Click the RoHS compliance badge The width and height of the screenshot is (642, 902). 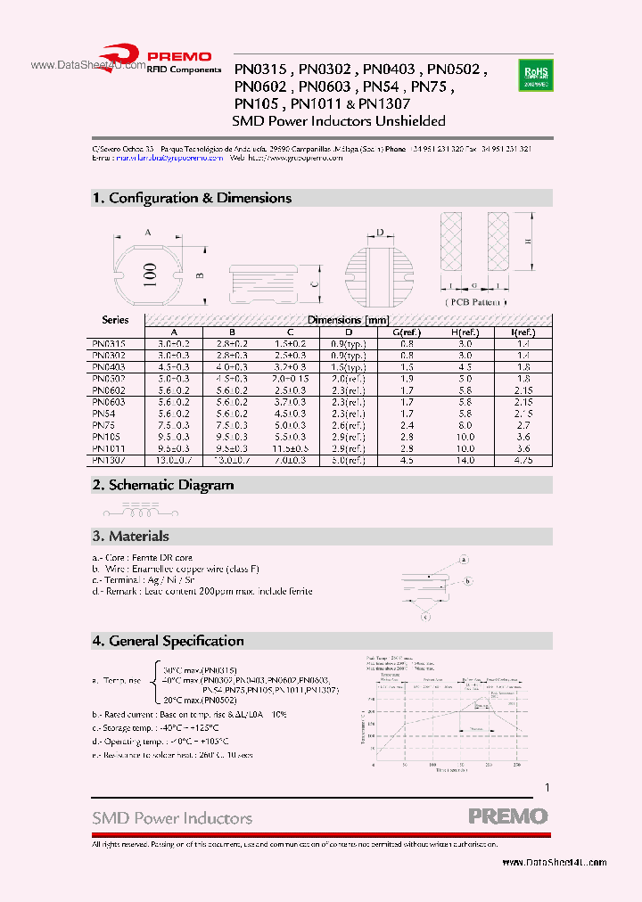click(536, 74)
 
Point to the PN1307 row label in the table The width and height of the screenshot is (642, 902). click(109, 461)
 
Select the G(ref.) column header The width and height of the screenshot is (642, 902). click(407, 332)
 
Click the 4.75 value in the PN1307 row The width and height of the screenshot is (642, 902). click(523, 461)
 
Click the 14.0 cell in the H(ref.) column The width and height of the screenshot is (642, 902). click(465, 461)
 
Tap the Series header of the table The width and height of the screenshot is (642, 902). click(115, 319)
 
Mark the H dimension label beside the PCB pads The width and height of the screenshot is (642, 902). click(527, 242)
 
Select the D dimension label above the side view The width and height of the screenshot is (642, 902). click(379, 233)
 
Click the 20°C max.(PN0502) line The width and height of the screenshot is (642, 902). click(200, 701)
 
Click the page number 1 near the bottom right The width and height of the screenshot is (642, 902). click(547, 788)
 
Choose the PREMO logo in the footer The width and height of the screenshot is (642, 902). click(508, 816)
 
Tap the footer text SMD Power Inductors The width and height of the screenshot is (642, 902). click(172, 817)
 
